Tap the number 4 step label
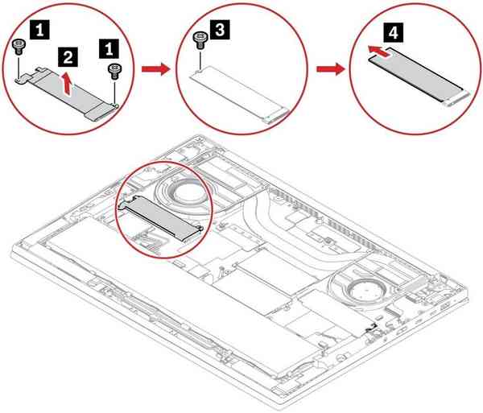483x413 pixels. click(392, 35)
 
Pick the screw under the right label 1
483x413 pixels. click(113, 69)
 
